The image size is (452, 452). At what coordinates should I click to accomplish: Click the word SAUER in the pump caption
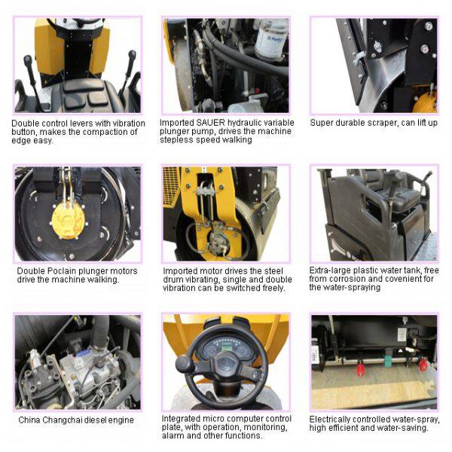click(x=210, y=123)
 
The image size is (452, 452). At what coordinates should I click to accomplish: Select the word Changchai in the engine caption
click(x=61, y=420)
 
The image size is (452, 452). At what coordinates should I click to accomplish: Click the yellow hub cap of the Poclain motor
click(x=68, y=220)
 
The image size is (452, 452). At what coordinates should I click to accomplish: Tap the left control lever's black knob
click(x=29, y=61)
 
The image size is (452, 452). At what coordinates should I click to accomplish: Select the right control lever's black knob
click(x=132, y=56)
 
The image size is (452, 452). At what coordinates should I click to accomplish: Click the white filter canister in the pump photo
click(x=271, y=39)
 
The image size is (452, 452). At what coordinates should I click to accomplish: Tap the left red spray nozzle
click(x=361, y=369)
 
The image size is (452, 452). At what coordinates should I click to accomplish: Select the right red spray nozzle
click(x=423, y=364)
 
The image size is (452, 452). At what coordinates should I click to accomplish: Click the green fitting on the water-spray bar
click(x=388, y=360)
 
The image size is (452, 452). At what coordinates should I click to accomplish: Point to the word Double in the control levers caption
click(x=26, y=124)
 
